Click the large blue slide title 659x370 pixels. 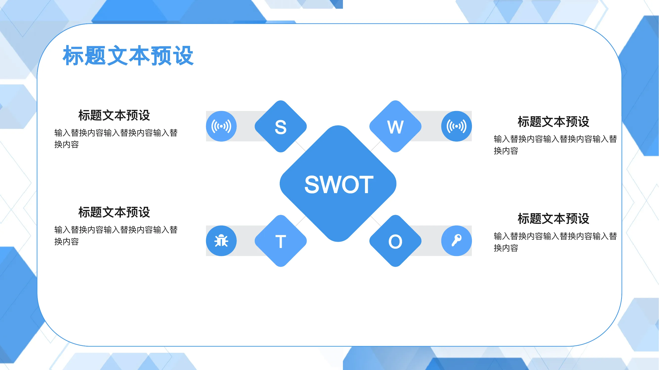point(128,56)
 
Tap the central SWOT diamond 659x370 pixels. point(338,184)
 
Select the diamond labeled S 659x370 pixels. point(281,126)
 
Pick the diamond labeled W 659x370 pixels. point(395,126)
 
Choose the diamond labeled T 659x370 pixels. point(281,241)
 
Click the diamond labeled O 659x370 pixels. point(395,241)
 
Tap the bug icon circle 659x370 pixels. point(221,241)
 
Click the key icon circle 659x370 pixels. point(456,241)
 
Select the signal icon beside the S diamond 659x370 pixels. point(221,126)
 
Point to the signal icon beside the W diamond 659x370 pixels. point(456,126)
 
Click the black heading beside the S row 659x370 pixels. point(114,115)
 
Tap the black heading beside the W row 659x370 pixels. point(553,122)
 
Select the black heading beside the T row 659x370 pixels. point(114,212)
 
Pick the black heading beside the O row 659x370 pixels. point(553,219)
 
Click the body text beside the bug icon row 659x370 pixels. point(116,235)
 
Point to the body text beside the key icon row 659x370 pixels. point(555,242)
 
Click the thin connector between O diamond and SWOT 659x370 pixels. point(376,221)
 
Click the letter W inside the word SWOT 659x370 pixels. point(333,184)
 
